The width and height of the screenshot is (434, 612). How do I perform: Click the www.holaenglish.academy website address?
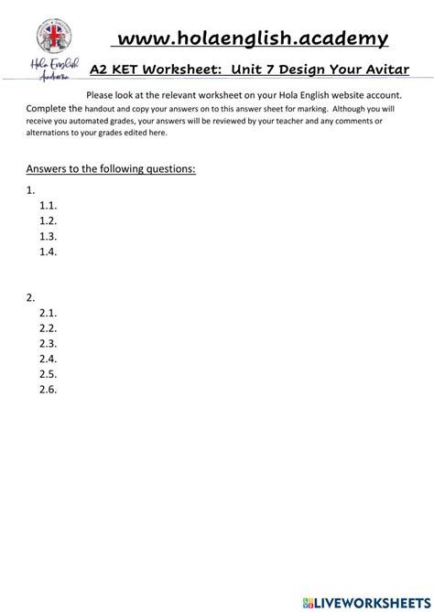pyautogui.click(x=250, y=38)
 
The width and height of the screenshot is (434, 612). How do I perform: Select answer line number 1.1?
pyautogui.click(x=49, y=206)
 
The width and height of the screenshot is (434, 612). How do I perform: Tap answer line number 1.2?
pyautogui.click(x=49, y=220)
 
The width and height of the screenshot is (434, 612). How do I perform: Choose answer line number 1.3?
pyautogui.click(x=49, y=236)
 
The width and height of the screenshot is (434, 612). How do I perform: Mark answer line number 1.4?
pyautogui.click(x=49, y=252)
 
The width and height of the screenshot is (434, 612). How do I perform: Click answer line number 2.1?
pyautogui.click(x=49, y=312)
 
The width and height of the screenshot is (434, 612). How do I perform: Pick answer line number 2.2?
pyautogui.click(x=49, y=327)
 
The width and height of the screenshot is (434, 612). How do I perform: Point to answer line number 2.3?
pyautogui.click(x=49, y=343)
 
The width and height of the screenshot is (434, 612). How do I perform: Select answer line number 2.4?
pyautogui.click(x=49, y=359)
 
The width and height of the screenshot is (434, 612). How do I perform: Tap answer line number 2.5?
pyautogui.click(x=49, y=374)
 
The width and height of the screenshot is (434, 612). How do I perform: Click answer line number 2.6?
pyautogui.click(x=49, y=390)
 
